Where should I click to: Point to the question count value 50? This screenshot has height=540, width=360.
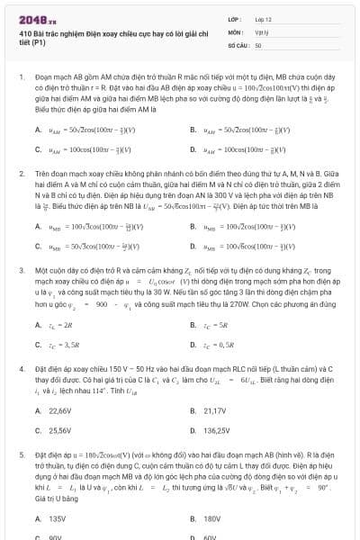[258, 44]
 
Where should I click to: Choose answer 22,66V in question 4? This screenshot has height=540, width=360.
[59, 410]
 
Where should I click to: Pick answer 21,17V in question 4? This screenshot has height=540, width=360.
[215, 410]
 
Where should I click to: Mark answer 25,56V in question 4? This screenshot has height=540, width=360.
[59, 430]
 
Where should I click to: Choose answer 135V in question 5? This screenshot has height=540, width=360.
[57, 518]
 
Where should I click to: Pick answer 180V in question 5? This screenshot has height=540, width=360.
[212, 518]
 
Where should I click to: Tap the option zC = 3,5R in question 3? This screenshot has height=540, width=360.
[62, 344]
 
